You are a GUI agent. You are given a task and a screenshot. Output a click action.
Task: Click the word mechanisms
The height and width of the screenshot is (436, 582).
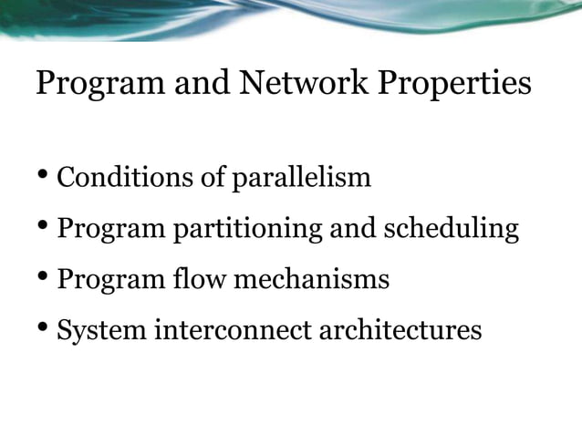(311, 278)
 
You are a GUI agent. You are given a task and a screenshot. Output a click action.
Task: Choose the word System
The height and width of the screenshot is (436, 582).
(101, 330)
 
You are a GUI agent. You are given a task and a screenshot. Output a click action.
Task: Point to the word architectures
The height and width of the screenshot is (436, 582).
(400, 329)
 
